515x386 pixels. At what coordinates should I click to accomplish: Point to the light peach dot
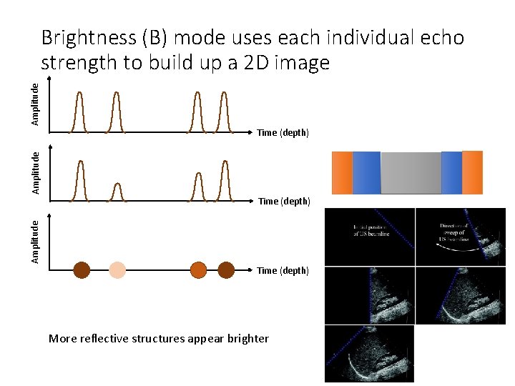[117, 269]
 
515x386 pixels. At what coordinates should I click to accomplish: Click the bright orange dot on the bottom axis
[198, 269]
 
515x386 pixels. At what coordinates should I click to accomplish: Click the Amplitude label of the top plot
[35, 104]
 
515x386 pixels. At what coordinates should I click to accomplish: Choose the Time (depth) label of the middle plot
[284, 201]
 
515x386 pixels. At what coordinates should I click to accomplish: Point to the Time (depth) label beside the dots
[283, 270]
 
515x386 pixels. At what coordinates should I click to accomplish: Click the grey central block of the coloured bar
[411, 172]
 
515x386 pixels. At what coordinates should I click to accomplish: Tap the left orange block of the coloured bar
[342, 172]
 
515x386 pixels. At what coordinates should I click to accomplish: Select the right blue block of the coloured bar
[451, 172]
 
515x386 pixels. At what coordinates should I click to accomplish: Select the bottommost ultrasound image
[369, 354]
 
